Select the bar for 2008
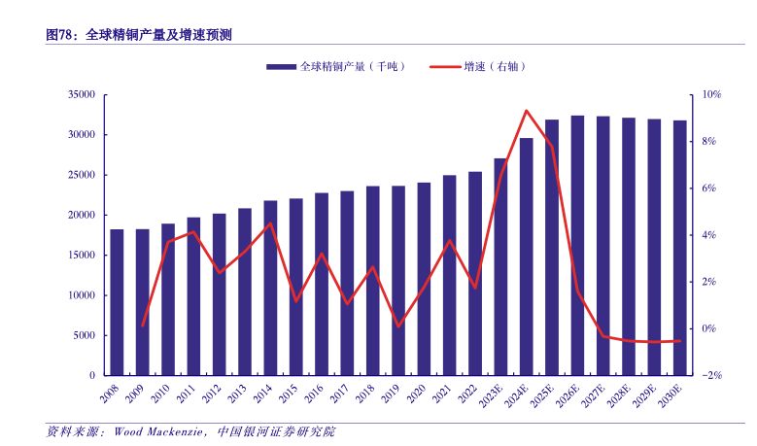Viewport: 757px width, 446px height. [117, 302]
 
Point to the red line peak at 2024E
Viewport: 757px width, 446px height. [527, 111]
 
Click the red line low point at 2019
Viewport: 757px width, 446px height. [398, 326]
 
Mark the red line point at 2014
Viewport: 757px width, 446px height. [270, 223]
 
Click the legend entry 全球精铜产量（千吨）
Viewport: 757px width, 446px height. [336, 66]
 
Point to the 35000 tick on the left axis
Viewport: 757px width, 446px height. [81, 95]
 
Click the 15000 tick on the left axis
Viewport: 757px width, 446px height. [81, 255]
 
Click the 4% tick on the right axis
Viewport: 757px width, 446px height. [705, 235]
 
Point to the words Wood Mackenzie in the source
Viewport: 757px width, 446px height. [156, 431]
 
